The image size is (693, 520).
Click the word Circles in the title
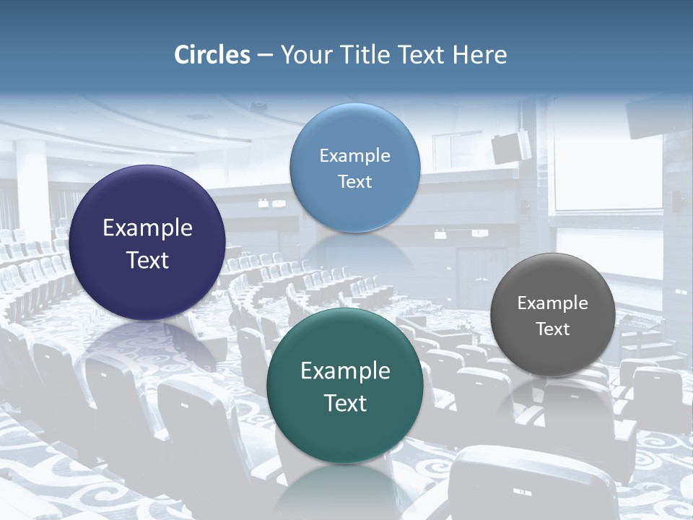pos(212,55)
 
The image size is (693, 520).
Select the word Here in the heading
pos(479,55)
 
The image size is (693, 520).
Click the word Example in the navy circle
pos(148,228)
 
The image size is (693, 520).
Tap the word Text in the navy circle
pos(148,260)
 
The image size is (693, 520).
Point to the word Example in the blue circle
pos(354,156)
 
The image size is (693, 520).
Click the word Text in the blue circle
pos(354,181)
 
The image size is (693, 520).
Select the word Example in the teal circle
pos(345,371)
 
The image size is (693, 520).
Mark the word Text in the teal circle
pos(345,403)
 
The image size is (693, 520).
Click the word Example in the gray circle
pos(553,303)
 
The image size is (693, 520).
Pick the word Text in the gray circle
pos(553,329)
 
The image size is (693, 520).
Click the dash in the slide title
pos(265,56)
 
